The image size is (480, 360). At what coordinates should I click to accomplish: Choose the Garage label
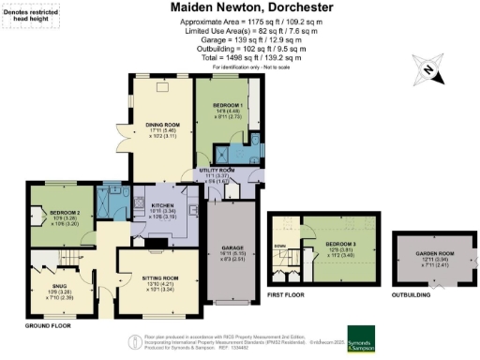click(232, 249)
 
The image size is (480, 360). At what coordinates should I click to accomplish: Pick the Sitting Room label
click(157, 278)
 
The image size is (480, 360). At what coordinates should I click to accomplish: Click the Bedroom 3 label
click(327, 245)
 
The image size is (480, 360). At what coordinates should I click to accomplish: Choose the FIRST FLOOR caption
click(288, 292)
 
